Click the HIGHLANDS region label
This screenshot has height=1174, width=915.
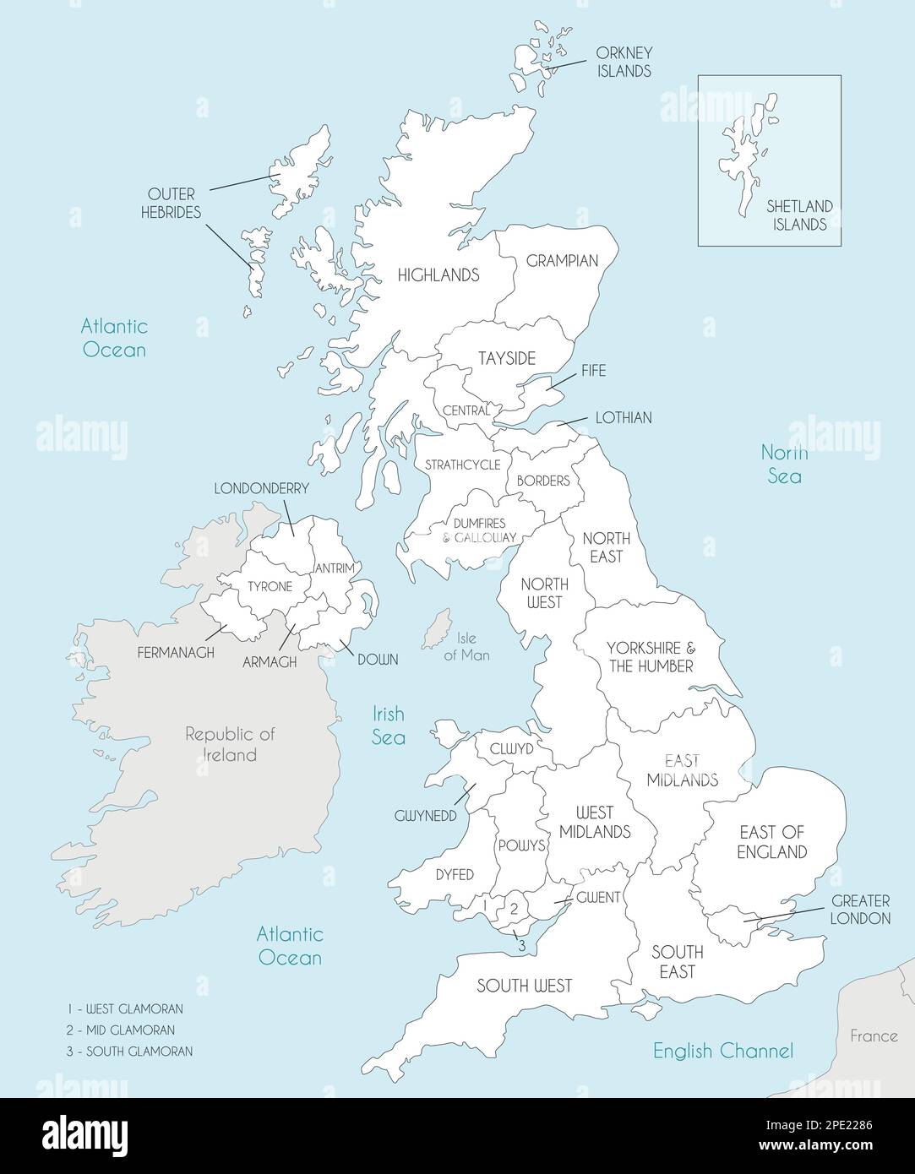click(x=438, y=274)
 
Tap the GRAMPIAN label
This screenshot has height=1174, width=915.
click(x=562, y=261)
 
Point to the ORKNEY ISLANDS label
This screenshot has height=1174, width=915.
click(x=624, y=62)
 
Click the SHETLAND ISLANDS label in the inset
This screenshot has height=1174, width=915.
click(x=798, y=215)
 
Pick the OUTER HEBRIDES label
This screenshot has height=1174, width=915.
click(x=172, y=204)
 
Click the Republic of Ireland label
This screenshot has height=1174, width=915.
click(x=231, y=744)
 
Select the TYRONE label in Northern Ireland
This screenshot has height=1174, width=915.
click(x=270, y=586)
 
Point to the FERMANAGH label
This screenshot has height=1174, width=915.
click(x=176, y=653)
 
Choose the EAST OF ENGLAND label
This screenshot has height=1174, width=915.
click(x=771, y=842)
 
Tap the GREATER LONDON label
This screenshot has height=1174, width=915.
click(x=861, y=910)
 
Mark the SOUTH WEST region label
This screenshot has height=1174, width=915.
click(x=524, y=986)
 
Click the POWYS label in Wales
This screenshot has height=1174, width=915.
click(x=521, y=845)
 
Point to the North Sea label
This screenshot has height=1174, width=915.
click(x=784, y=464)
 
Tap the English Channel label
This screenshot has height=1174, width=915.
click(x=722, y=1051)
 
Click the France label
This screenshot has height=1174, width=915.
click(x=873, y=1035)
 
